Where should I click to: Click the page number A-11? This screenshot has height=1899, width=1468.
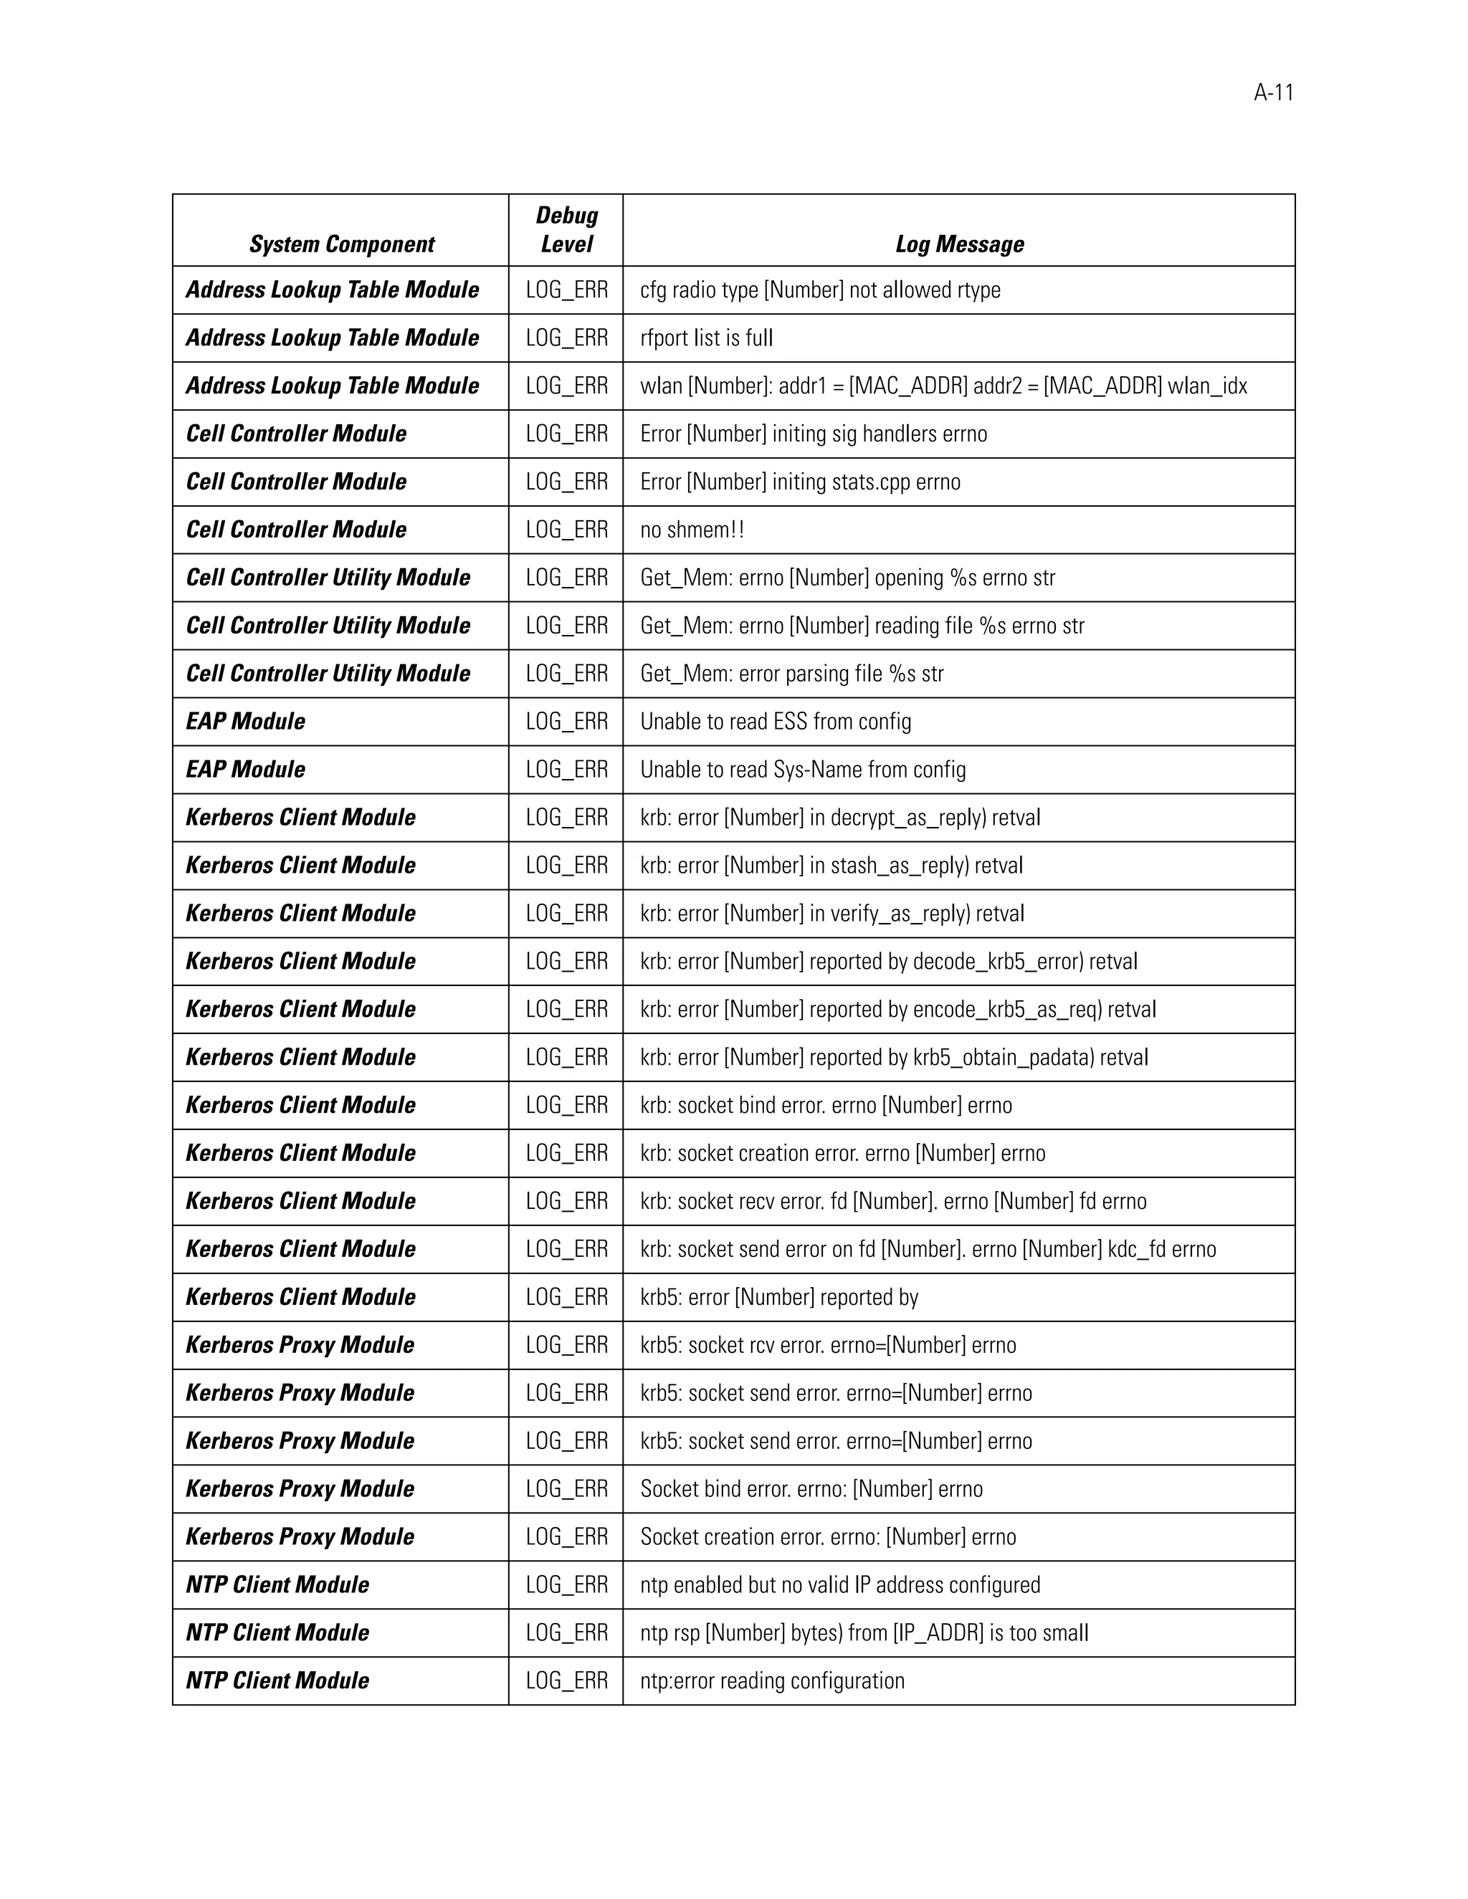pyautogui.click(x=1273, y=93)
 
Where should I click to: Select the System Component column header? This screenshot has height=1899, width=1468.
pyautogui.click(x=341, y=244)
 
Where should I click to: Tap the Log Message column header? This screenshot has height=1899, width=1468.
pyautogui.click(x=959, y=244)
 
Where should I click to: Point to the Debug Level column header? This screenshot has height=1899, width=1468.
pyautogui.click(x=566, y=229)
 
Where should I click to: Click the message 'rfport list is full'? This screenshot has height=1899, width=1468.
pyautogui.click(x=706, y=338)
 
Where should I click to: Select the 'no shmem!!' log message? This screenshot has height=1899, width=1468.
pyautogui.click(x=692, y=530)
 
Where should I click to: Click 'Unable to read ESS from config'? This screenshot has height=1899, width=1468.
pyautogui.click(x=775, y=722)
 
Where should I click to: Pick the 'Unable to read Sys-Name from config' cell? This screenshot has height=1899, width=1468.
pyautogui.click(x=803, y=770)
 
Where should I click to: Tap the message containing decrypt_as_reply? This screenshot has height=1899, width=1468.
pyautogui.click(x=839, y=818)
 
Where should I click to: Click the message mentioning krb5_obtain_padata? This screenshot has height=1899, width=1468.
pyautogui.click(x=893, y=1057)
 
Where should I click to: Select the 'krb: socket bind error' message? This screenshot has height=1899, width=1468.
pyautogui.click(x=825, y=1105)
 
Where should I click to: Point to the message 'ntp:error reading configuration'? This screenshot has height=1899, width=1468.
pyautogui.click(x=771, y=1680)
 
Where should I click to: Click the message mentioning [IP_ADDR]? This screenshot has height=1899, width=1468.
pyautogui.click(x=864, y=1633)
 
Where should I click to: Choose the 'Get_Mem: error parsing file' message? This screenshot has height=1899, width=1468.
pyautogui.click(x=791, y=674)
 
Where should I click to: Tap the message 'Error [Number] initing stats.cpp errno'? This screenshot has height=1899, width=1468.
pyautogui.click(x=800, y=482)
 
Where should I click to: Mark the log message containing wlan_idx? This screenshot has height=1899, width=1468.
pyautogui.click(x=943, y=386)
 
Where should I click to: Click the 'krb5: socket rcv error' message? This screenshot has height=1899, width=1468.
pyautogui.click(x=827, y=1345)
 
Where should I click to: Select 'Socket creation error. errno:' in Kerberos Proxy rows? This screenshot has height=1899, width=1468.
pyautogui.click(x=827, y=1537)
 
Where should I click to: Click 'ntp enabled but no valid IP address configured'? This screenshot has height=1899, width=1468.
pyautogui.click(x=839, y=1585)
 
